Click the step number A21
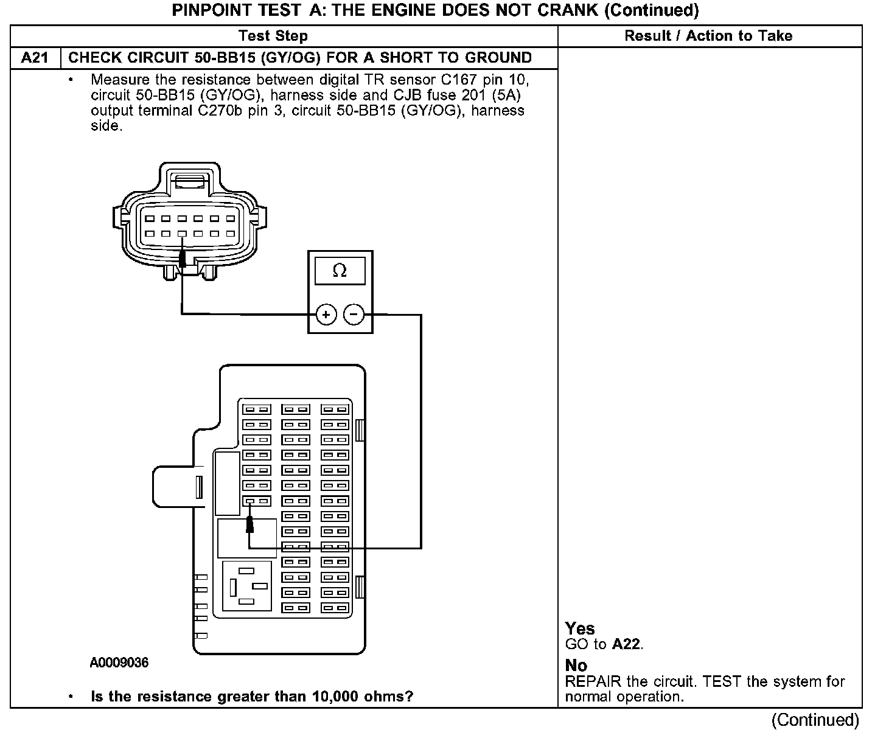pos(35,58)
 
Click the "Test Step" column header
pos(273,36)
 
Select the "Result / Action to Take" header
pos(708,36)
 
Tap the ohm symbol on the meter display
pos(340,271)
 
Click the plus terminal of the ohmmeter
pos(326,315)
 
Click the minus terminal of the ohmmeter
pos(354,315)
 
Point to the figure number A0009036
pos(119,663)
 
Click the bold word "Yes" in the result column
pos(579,628)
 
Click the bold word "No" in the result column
pos(576,665)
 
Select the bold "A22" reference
pos(626,644)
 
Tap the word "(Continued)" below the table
pos(815,720)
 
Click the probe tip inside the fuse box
pos(249,524)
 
